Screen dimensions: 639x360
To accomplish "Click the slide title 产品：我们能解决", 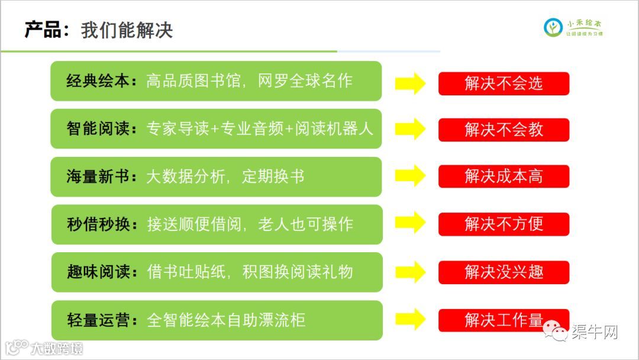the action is [98, 30].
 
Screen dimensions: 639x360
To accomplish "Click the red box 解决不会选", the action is [504, 83].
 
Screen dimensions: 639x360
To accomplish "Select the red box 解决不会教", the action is [504, 130].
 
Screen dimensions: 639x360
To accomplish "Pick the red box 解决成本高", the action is [504, 176].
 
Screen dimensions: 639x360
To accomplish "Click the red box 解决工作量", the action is [504, 320].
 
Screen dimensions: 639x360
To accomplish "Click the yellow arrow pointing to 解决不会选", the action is [410, 83].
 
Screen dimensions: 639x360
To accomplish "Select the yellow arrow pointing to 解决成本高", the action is [410, 176].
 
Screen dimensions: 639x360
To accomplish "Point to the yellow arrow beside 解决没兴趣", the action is [410, 272].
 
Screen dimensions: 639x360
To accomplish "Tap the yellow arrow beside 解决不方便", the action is [410, 224].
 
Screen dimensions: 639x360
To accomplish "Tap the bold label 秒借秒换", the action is [98, 224].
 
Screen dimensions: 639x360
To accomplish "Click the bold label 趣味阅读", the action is [98, 272].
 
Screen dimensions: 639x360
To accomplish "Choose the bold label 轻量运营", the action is [98, 320].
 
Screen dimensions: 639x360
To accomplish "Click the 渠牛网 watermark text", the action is [594, 332].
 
